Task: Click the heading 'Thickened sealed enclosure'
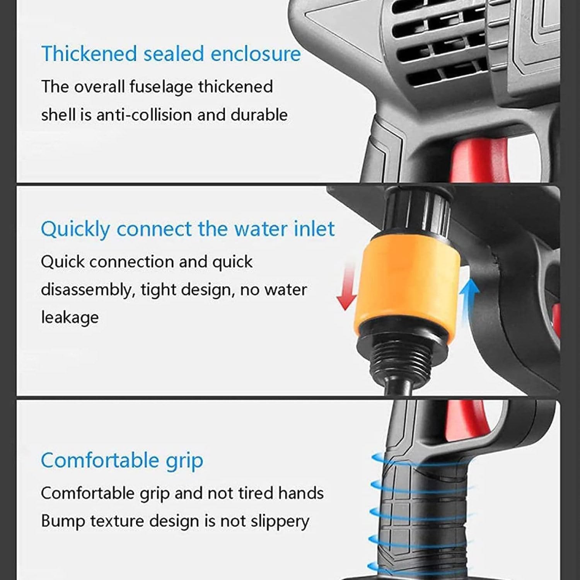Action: [171, 53]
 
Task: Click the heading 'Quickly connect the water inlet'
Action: [188, 229]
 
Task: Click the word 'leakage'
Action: [70, 317]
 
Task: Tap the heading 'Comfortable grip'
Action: [122, 460]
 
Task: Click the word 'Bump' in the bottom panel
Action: [63, 522]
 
